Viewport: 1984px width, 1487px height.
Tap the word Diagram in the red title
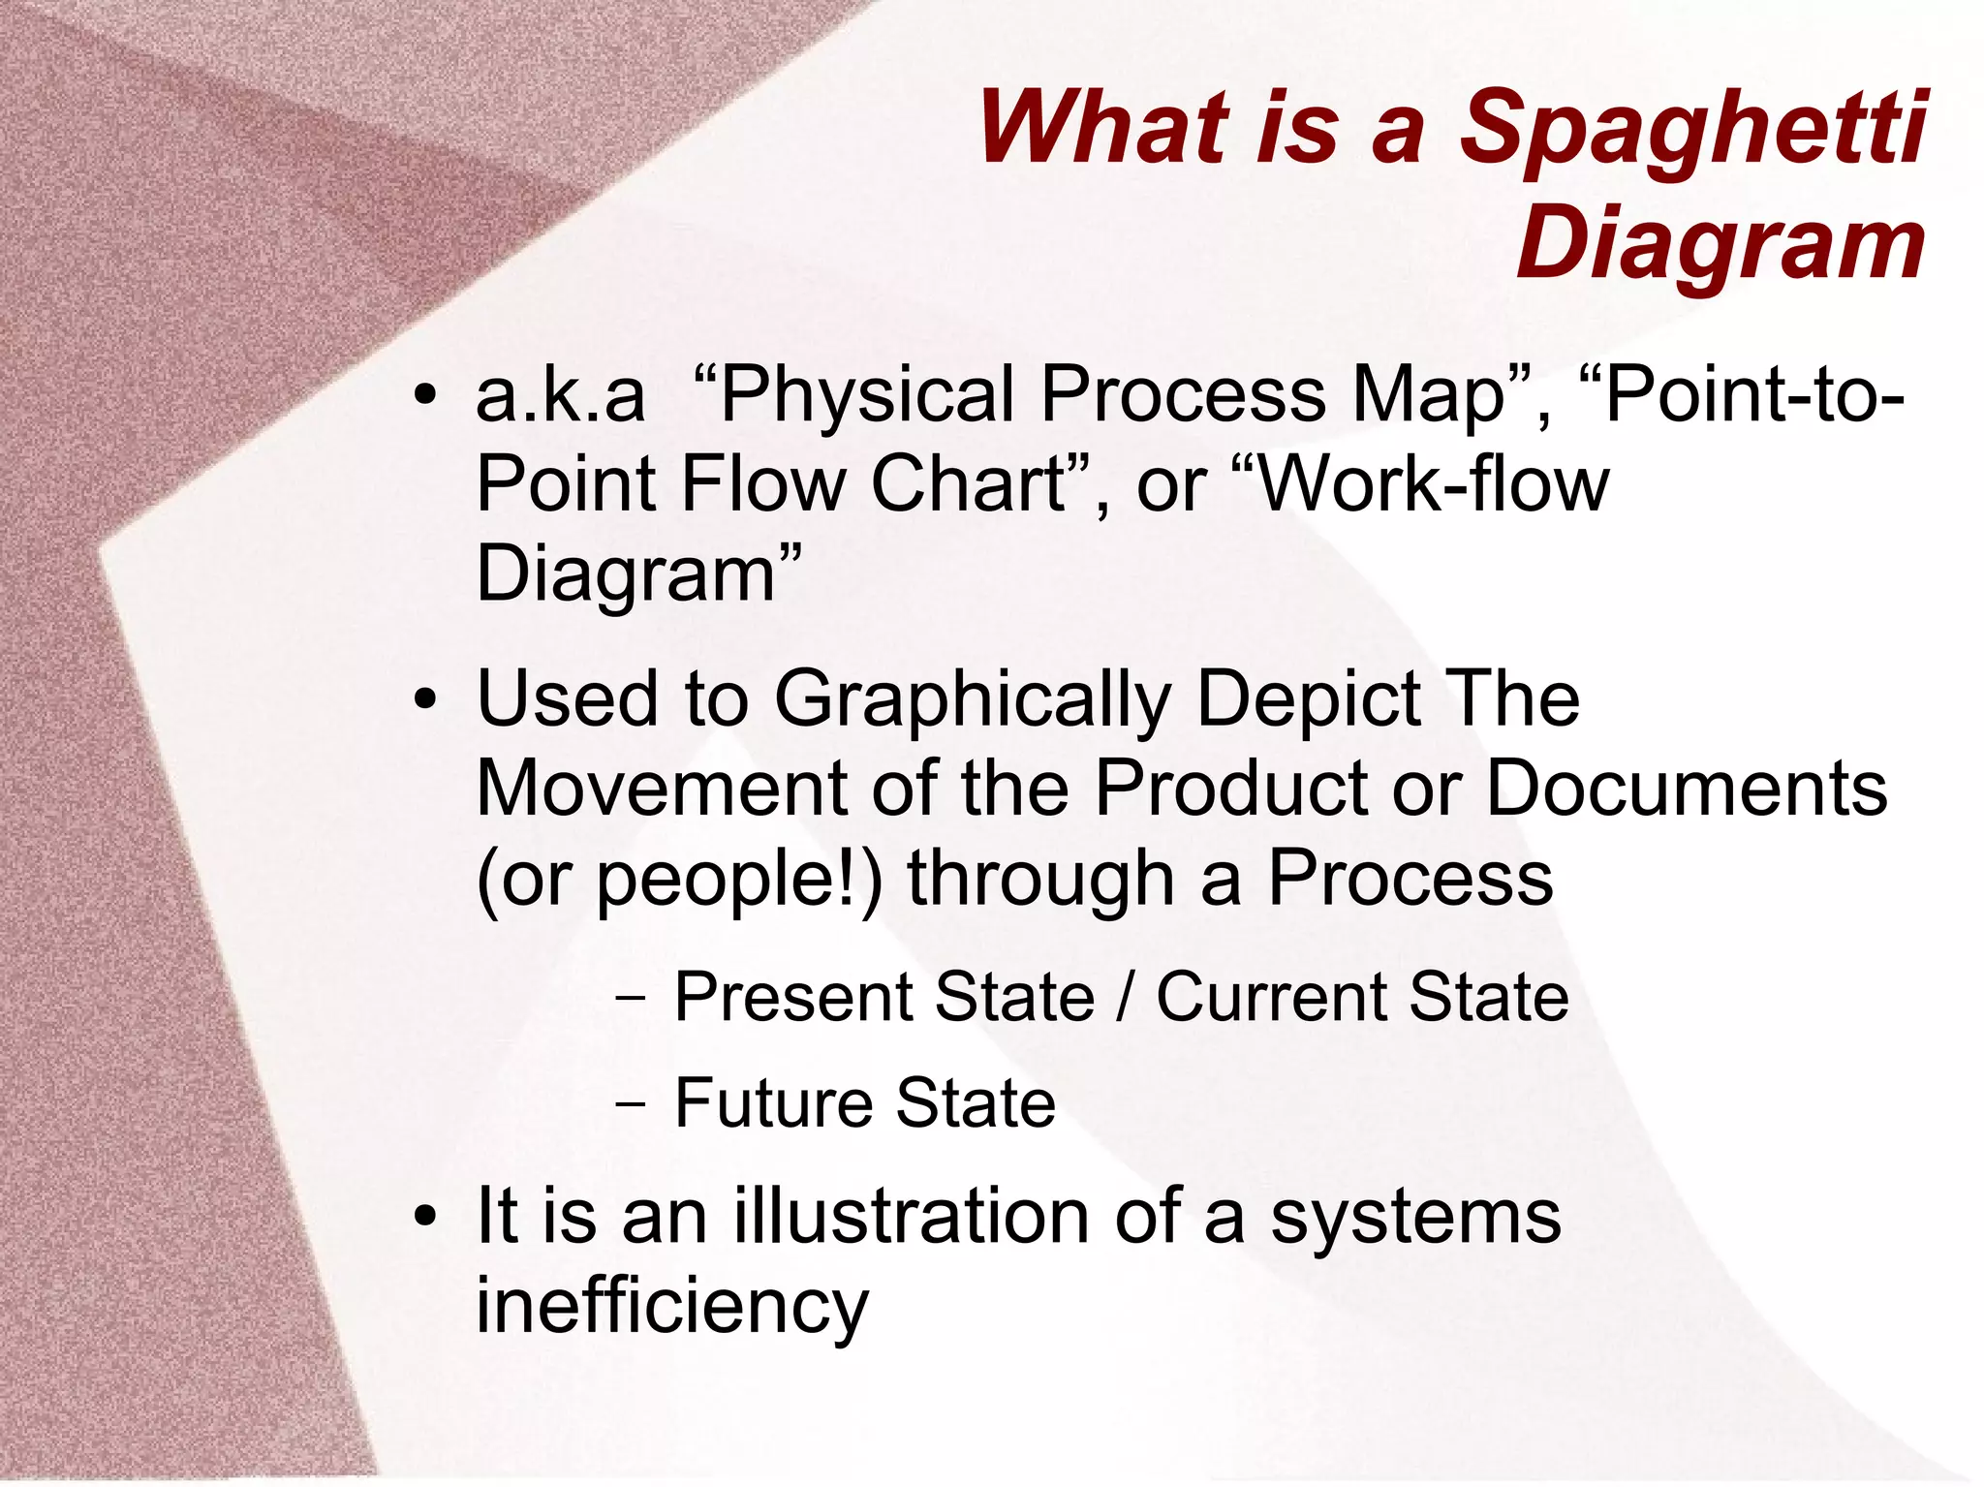point(1720,244)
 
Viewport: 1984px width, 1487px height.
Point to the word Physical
point(865,397)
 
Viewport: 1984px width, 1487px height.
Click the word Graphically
point(973,701)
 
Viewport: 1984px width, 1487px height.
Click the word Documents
point(1686,788)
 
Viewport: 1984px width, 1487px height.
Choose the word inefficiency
point(671,1306)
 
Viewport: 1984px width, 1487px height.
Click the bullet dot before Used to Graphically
point(424,701)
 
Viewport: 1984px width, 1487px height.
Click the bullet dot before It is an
point(424,1217)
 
